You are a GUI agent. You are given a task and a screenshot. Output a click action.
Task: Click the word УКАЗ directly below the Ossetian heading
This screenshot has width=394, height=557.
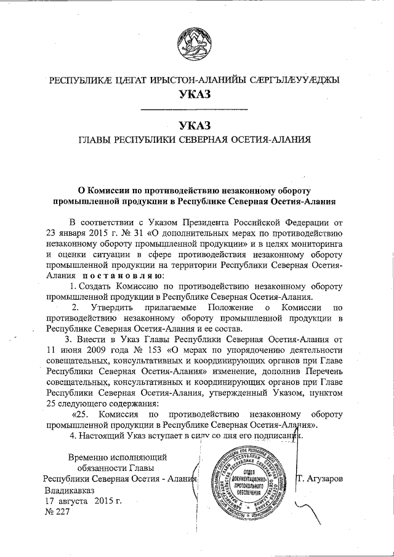tap(195, 94)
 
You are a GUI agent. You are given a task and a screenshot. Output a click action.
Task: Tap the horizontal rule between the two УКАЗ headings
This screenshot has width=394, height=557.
tap(195, 110)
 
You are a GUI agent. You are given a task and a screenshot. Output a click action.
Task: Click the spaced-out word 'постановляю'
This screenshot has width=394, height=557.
tap(123, 277)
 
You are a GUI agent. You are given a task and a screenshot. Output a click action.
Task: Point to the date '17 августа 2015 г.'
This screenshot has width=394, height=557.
tap(83, 502)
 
